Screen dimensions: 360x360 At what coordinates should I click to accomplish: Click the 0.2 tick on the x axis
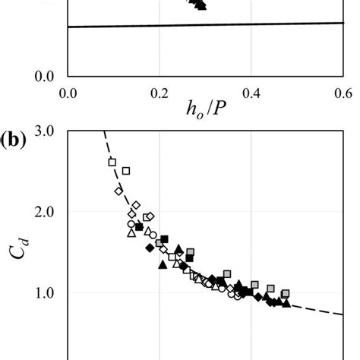[159, 93]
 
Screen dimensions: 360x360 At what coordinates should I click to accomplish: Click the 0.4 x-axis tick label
[251, 93]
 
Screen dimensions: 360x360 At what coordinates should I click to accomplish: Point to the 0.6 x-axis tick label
[343, 93]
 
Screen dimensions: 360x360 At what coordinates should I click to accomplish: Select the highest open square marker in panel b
[112, 162]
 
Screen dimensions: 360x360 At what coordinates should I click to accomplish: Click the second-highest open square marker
[126, 171]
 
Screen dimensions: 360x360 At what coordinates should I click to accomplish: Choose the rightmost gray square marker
[286, 293]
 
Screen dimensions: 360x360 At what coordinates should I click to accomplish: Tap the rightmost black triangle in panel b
[286, 303]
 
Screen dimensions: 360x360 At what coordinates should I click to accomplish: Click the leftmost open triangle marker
[131, 233]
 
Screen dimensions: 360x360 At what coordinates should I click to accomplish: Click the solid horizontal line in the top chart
[205, 25]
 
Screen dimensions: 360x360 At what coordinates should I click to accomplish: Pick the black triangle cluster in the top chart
[199, 4]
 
